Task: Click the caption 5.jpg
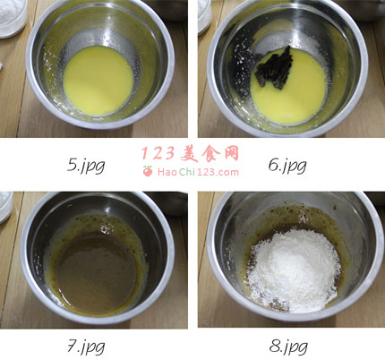86,166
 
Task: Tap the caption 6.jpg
287,166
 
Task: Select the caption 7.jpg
86,347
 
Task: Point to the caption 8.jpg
288,347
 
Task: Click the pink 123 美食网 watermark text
190,154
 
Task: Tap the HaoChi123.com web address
198,172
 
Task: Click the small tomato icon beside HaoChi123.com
148,171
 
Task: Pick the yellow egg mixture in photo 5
98,81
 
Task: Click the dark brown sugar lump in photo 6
275,69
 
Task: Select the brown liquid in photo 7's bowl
95,273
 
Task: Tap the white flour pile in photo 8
294,270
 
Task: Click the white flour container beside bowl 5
13,18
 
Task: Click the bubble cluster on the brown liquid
105,229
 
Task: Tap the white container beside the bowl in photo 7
5,207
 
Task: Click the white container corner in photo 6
204,15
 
